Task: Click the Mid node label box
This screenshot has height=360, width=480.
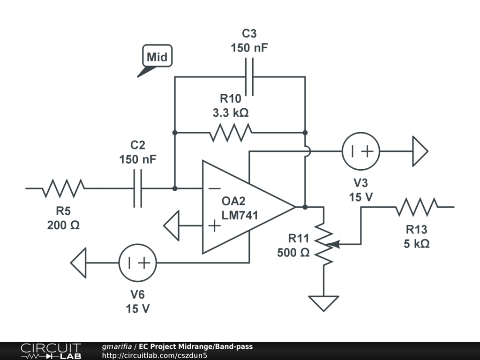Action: click(157, 56)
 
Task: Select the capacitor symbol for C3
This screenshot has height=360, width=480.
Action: click(249, 77)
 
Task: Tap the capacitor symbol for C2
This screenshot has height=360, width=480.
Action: click(138, 188)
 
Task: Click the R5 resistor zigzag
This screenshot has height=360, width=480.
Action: click(63, 188)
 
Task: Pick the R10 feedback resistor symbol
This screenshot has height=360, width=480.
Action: click(231, 133)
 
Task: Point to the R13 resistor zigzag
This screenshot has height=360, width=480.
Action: click(417, 207)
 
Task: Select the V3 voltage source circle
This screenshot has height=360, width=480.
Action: click(361, 151)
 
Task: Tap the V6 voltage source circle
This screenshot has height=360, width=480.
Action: click(138, 262)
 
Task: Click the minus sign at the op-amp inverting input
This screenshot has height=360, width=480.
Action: click(214, 188)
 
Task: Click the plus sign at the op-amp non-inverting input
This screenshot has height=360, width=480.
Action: click(214, 225)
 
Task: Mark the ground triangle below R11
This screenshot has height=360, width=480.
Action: click(323, 303)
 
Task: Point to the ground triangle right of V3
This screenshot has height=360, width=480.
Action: click(420, 151)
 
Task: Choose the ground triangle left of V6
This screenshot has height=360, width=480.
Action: click(78, 263)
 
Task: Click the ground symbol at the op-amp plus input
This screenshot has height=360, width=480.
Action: click(172, 225)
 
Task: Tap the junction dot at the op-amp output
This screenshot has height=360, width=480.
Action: click(305, 207)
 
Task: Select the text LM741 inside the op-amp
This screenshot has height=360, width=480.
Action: click(240, 215)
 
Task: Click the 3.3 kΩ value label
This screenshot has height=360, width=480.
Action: click(231, 112)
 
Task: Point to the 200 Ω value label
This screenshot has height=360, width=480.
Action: click(63, 225)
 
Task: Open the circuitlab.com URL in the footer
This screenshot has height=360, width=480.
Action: click(155, 355)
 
